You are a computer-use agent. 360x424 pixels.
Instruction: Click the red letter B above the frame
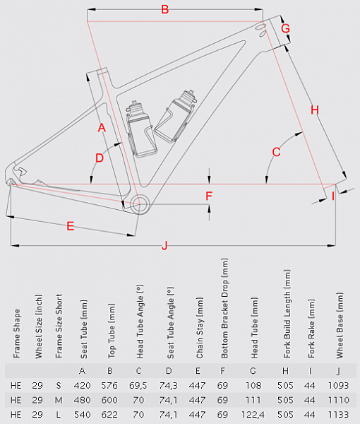[x=164, y=10]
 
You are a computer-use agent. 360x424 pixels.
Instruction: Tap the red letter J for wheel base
[x=164, y=245]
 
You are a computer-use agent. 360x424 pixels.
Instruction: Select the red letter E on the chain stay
[x=70, y=226]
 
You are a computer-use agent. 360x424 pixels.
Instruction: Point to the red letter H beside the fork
[x=315, y=110]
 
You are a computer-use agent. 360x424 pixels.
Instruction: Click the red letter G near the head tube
[x=285, y=28]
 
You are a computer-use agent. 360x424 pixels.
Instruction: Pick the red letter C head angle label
[x=277, y=152]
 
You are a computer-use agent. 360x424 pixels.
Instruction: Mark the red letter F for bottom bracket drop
[x=209, y=196]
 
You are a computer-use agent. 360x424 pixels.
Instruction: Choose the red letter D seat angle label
[x=100, y=158]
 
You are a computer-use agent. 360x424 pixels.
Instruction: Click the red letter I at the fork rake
[x=333, y=196]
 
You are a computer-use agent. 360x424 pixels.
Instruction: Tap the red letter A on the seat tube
[x=102, y=128]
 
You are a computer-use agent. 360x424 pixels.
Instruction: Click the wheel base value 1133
[x=340, y=413]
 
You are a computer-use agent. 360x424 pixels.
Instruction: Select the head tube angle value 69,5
[x=140, y=385]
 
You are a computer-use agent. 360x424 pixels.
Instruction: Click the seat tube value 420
[x=83, y=385]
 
